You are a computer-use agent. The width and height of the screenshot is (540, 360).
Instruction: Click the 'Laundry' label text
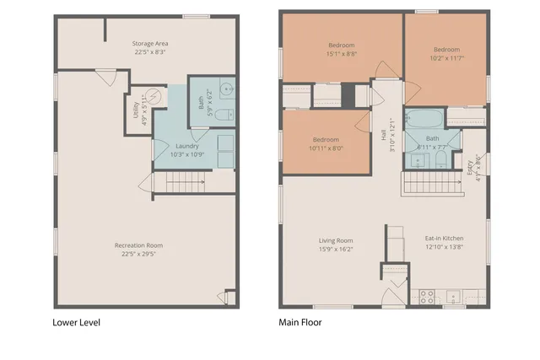pyautogui.click(x=187, y=145)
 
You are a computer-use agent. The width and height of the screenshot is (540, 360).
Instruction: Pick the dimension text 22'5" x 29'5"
pyautogui.click(x=139, y=254)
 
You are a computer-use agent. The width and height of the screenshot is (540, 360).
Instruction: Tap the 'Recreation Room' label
pyautogui.click(x=139, y=245)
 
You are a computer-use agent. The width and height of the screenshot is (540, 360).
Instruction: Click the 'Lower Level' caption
pyautogui.click(x=78, y=322)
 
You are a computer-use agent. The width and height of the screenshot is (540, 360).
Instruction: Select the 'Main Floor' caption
pyautogui.click(x=300, y=322)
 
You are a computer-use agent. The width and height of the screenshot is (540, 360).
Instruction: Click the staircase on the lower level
pyautogui.click(x=184, y=181)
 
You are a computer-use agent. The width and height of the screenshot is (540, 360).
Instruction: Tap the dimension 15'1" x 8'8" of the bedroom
pyautogui.click(x=342, y=53)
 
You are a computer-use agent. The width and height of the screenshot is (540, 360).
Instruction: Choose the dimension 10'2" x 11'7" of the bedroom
pyautogui.click(x=446, y=58)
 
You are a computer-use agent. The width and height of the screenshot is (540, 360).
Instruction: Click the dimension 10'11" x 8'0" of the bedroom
pyautogui.click(x=326, y=148)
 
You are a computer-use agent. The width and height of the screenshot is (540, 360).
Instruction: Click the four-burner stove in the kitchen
pyautogui.click(x=427, y=296)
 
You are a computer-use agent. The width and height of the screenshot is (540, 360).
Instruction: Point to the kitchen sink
pyautogui.click(x=454, y=297)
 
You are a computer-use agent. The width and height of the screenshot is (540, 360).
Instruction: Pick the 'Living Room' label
pyautogui.click(x=336, y=239)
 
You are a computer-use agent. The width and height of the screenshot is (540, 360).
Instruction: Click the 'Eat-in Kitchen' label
pyautogui.click(x=444, y=239)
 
